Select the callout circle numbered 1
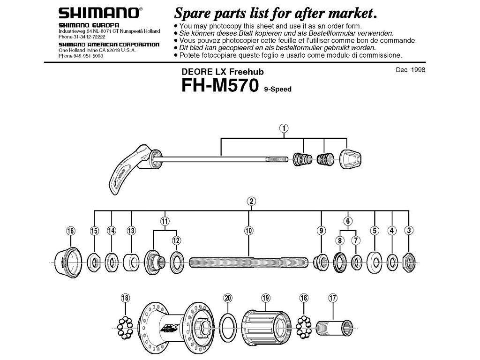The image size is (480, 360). pyautogui.click(x=284, y=127)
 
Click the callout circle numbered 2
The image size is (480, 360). pyautogui.click(x=251, y=202)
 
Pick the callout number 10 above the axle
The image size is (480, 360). pyautogui.click(x=248, y=230)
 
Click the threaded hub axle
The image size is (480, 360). pyautogui.click(x=248, y=262)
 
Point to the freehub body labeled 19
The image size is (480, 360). pyautogui.click(x=265, y=325)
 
